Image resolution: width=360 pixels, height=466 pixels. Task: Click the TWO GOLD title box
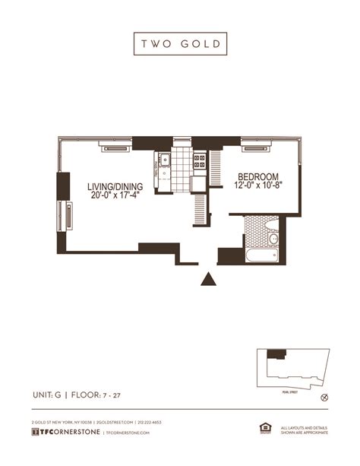pos(180,43)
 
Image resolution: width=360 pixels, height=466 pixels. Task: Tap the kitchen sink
pos(164,160)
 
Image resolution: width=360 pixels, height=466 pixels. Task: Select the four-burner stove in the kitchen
pos(200,160)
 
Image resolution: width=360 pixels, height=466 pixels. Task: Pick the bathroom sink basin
pos(273,239)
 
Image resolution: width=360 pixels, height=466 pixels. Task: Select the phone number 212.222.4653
pos(150,422)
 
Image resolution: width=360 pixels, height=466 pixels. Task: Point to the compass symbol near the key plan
pos(324,397)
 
